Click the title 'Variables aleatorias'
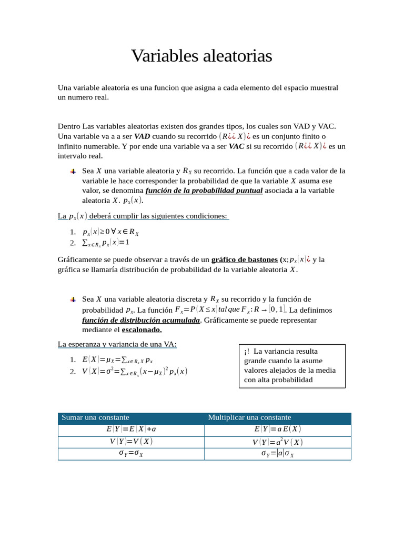[x=201, y=56]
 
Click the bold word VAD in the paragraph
[x=142, y=136]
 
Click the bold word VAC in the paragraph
[x=236, y=146]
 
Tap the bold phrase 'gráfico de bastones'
[x=244, y=259]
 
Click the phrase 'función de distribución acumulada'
[x=141, y=320]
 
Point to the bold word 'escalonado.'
[x=142, y=330]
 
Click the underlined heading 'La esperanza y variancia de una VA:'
[x=117, y=344]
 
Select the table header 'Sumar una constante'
[x=95, y=417]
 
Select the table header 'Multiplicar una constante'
[x=249, y=417]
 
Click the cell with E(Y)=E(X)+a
[x=131, y=429]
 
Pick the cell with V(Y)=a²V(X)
[x=277, y=442]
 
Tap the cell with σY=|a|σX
[x=277, y=454]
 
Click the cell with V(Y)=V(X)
[x=131, y=442]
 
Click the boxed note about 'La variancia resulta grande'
[x=292, y=366]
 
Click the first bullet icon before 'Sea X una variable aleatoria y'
[x=73, y=172]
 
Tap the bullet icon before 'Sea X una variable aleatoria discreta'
[x=73, y=300]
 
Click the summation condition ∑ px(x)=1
[x=106, y=243]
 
